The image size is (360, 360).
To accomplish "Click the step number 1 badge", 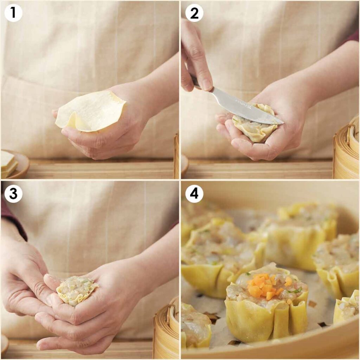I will pos(13,13).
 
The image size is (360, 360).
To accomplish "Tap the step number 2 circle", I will pos(194,13).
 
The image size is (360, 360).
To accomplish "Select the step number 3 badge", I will pos(13,194).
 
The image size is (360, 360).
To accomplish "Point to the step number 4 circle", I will pos(194,194).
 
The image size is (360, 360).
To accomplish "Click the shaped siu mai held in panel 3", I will pos(77,290).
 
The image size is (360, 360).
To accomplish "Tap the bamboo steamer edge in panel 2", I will pos(346,151).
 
